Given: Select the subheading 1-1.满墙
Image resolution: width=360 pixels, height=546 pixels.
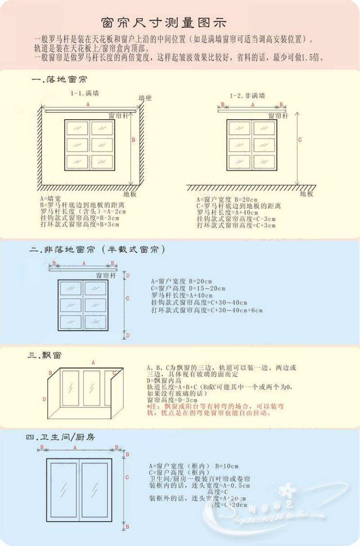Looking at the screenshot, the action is point(85,94).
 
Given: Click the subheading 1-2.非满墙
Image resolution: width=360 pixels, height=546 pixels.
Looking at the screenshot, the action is point(247,95).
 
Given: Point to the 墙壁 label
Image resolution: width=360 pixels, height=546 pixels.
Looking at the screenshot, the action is point(145,98).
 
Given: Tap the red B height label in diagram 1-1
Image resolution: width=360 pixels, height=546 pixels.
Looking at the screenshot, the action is point(133,140).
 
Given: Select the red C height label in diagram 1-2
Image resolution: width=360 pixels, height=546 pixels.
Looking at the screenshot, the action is point(300,140).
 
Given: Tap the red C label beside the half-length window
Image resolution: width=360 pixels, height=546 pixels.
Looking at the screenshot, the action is point(127,298).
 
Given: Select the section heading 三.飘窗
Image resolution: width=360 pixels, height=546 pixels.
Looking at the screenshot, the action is point(45,355).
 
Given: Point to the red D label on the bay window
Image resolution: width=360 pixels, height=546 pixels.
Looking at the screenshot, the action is point(44,399).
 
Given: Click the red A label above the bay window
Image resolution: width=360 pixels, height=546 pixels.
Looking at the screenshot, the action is point(93,362).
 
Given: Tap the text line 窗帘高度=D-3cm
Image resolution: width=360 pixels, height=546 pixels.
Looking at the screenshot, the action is point(172,400).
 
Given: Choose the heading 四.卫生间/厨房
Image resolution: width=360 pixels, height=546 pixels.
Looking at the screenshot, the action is point(60,437).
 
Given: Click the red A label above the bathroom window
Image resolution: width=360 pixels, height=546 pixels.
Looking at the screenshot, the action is point(75,447).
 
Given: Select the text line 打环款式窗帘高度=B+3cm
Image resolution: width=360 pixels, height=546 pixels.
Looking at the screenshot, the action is point(80,223).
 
